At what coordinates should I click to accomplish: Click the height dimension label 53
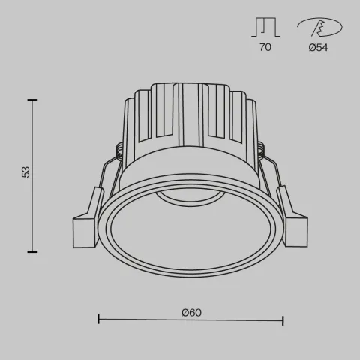coord(26,172)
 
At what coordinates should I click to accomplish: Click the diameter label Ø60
coord(192,312)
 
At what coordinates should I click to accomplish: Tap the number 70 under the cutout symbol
coord(265,47)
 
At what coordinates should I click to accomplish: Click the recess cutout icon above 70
coord(265,27)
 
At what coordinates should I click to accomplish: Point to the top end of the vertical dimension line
coord(33,99)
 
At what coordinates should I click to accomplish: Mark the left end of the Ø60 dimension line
coord(99,321)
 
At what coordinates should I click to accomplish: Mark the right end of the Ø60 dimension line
coord(283,321)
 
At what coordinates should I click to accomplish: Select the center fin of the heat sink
coord(180,112)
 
